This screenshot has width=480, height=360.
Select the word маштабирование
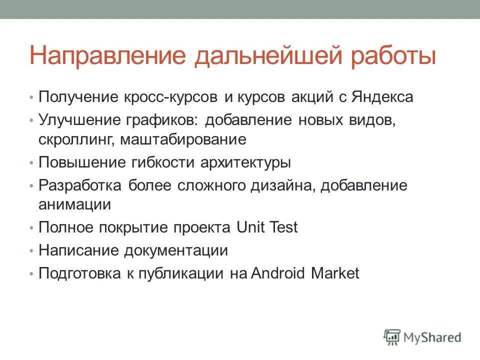[183, 139]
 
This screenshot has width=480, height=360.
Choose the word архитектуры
[245, 162]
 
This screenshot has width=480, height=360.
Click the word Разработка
[80, 186]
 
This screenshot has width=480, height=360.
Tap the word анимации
[74, 204]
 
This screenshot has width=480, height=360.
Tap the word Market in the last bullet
[335, 273]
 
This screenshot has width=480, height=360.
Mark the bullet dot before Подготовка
[31, 274]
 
